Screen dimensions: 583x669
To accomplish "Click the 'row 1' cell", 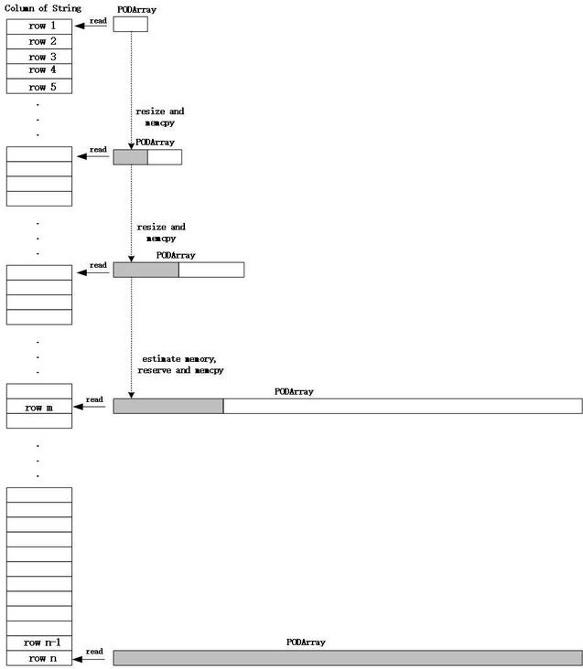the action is pyautogui.click(x=39, y=27).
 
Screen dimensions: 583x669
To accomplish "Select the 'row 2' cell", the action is pyautogui.click(x=39, y=41).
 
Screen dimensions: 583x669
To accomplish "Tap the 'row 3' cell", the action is pyautogui.click(x=39, y=57).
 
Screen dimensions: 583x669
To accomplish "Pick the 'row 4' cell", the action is pyautogui.click(x=39, y=71).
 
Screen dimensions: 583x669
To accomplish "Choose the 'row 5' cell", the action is pyautogui.click(x=39, y=86).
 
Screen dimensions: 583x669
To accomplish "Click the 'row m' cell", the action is pyautogui.click(x=39, y=406).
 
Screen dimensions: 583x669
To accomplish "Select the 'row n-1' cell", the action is pyautogui.click(x=39, y=643).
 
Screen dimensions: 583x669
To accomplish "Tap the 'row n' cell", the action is pyautogui.click(x=39, y=658).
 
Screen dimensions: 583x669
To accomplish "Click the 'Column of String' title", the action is pyautogui.click(x=43, y=8).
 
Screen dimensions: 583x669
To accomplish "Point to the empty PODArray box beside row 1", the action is pyautogui.click(x=131, y=25).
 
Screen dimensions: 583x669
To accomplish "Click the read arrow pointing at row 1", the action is pyautogui.click(x=91, y=26).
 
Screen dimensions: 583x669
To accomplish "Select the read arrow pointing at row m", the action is pyautogui.click(x=90, y=407).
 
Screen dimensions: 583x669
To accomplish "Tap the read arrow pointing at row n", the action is pyautogui.click(x=89, y=659).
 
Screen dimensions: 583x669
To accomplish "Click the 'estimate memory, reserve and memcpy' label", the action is pyautogui.click(x=180, y=365).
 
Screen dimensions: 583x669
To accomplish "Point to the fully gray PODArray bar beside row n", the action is pyautogui.click(x=348, y=658).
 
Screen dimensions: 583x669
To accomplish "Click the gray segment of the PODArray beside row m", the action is pyautogui.click(x=168, y=406).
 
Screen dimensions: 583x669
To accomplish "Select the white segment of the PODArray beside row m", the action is pyautogui.click(x=403, y=406).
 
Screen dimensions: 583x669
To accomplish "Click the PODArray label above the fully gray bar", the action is pyautogui.click(x=306, y=642).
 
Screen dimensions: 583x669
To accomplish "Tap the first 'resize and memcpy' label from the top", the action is pyautogui.click(x=160, y=117).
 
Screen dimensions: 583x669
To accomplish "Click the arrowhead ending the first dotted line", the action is pyautogui.click(x=131, y=146).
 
